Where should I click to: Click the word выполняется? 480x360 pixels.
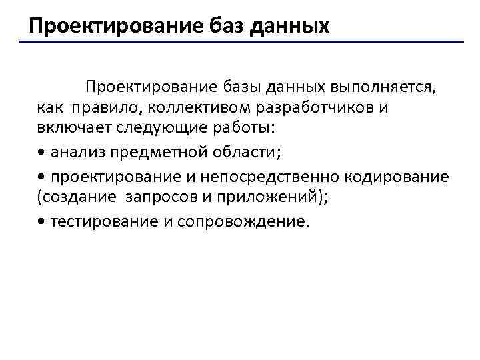tap(384, 87)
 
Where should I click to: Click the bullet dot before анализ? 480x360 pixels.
tap(42, 153)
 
